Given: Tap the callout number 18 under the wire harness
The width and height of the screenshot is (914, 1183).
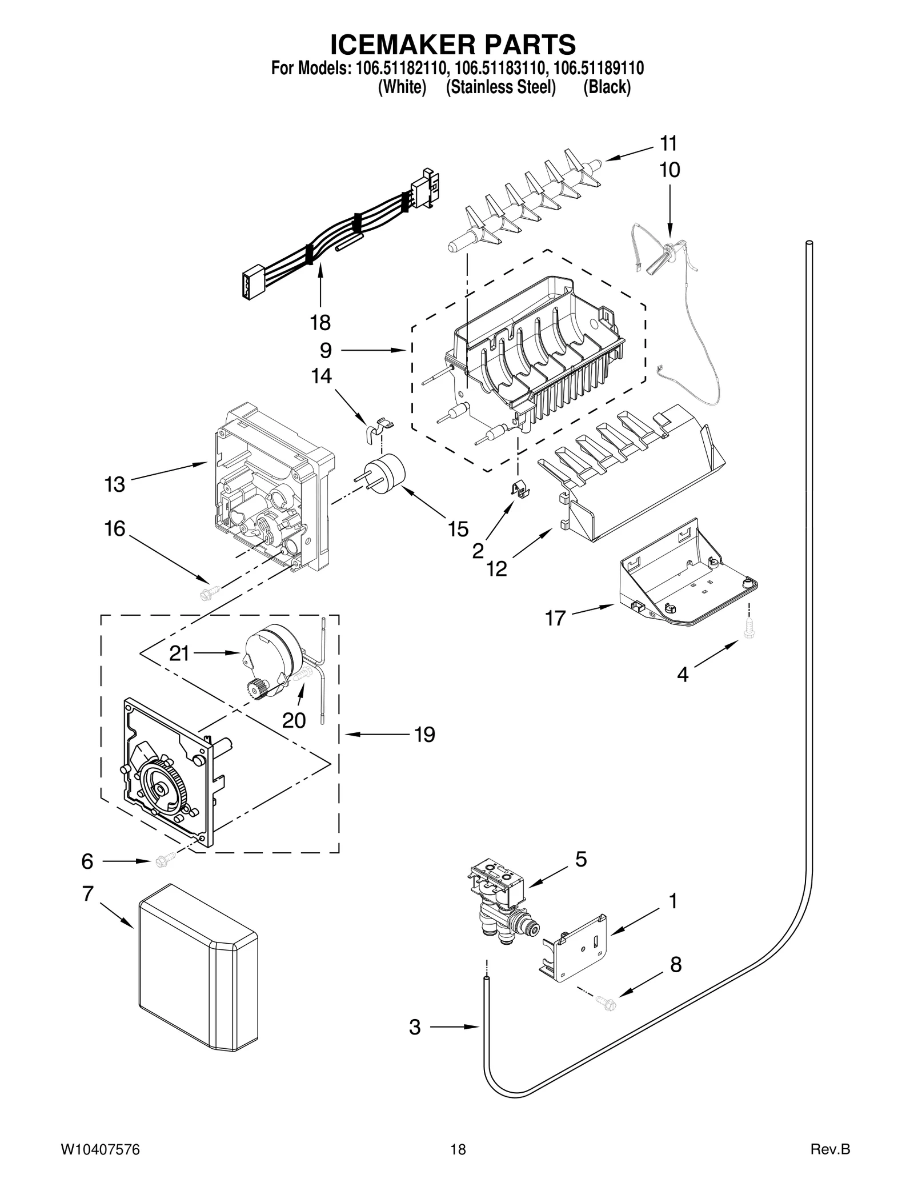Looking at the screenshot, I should click(x=320, y=323).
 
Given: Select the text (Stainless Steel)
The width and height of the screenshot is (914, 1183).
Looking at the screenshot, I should click(x=501, y=87).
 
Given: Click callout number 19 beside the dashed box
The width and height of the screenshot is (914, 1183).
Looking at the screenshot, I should click(x=424, y=734).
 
